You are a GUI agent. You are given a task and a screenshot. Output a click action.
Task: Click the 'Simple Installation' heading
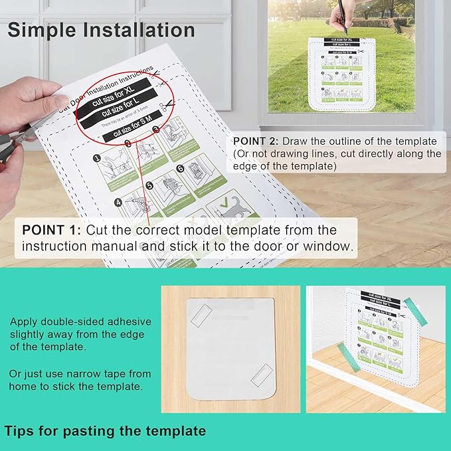101,30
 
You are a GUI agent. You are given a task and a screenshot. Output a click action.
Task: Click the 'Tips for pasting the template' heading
105,430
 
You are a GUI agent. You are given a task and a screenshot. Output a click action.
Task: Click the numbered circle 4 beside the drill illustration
119,202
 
